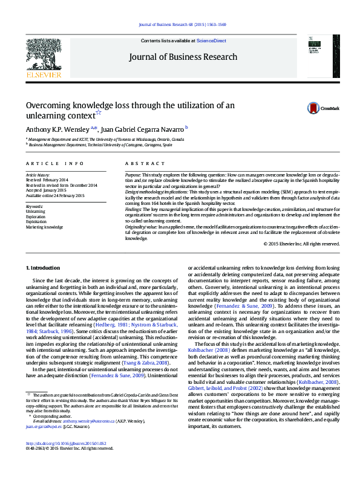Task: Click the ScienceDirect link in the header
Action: tap(211, 41)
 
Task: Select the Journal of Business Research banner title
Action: tap(183, 57)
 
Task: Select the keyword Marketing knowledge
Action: tap(44, 227)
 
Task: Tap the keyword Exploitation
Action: tap(36, 222)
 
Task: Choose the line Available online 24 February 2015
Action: tap(55, 196)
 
